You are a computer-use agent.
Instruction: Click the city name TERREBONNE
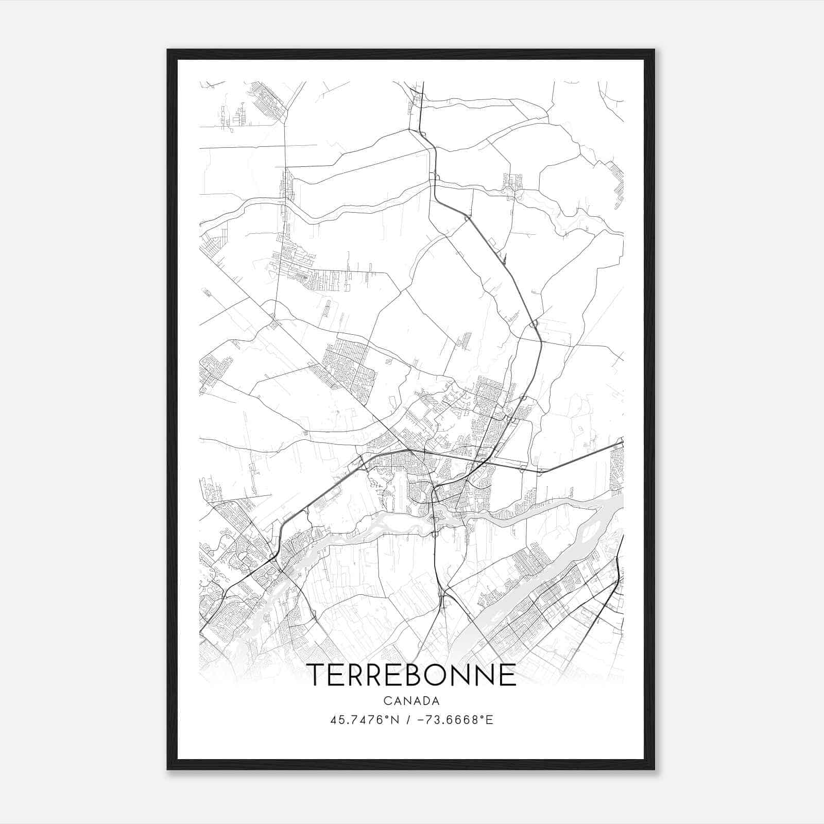[x=411, y=675]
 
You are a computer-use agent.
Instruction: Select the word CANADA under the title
[x=411, y=701]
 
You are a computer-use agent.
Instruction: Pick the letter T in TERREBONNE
[x=317, y=675]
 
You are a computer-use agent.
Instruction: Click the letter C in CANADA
[x=387, y=701]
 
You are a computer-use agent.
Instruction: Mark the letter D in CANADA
[x=426, y=701]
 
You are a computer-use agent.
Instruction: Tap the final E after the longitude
[x=490, y=720]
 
